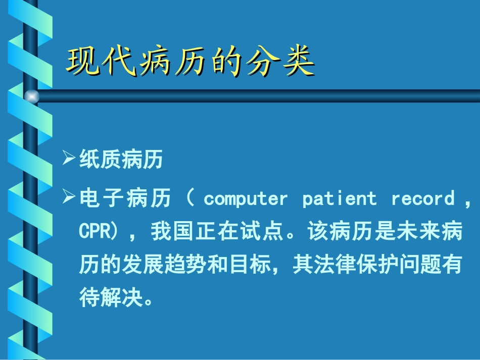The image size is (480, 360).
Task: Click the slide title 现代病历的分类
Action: point(191,63)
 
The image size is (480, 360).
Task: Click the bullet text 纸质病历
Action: point(121,160)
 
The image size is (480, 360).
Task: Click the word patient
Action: point(339,198)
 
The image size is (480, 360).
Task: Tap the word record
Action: point(423,198)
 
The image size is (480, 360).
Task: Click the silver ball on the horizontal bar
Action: point(31,96)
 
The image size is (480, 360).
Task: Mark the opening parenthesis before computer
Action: point(191,198)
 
